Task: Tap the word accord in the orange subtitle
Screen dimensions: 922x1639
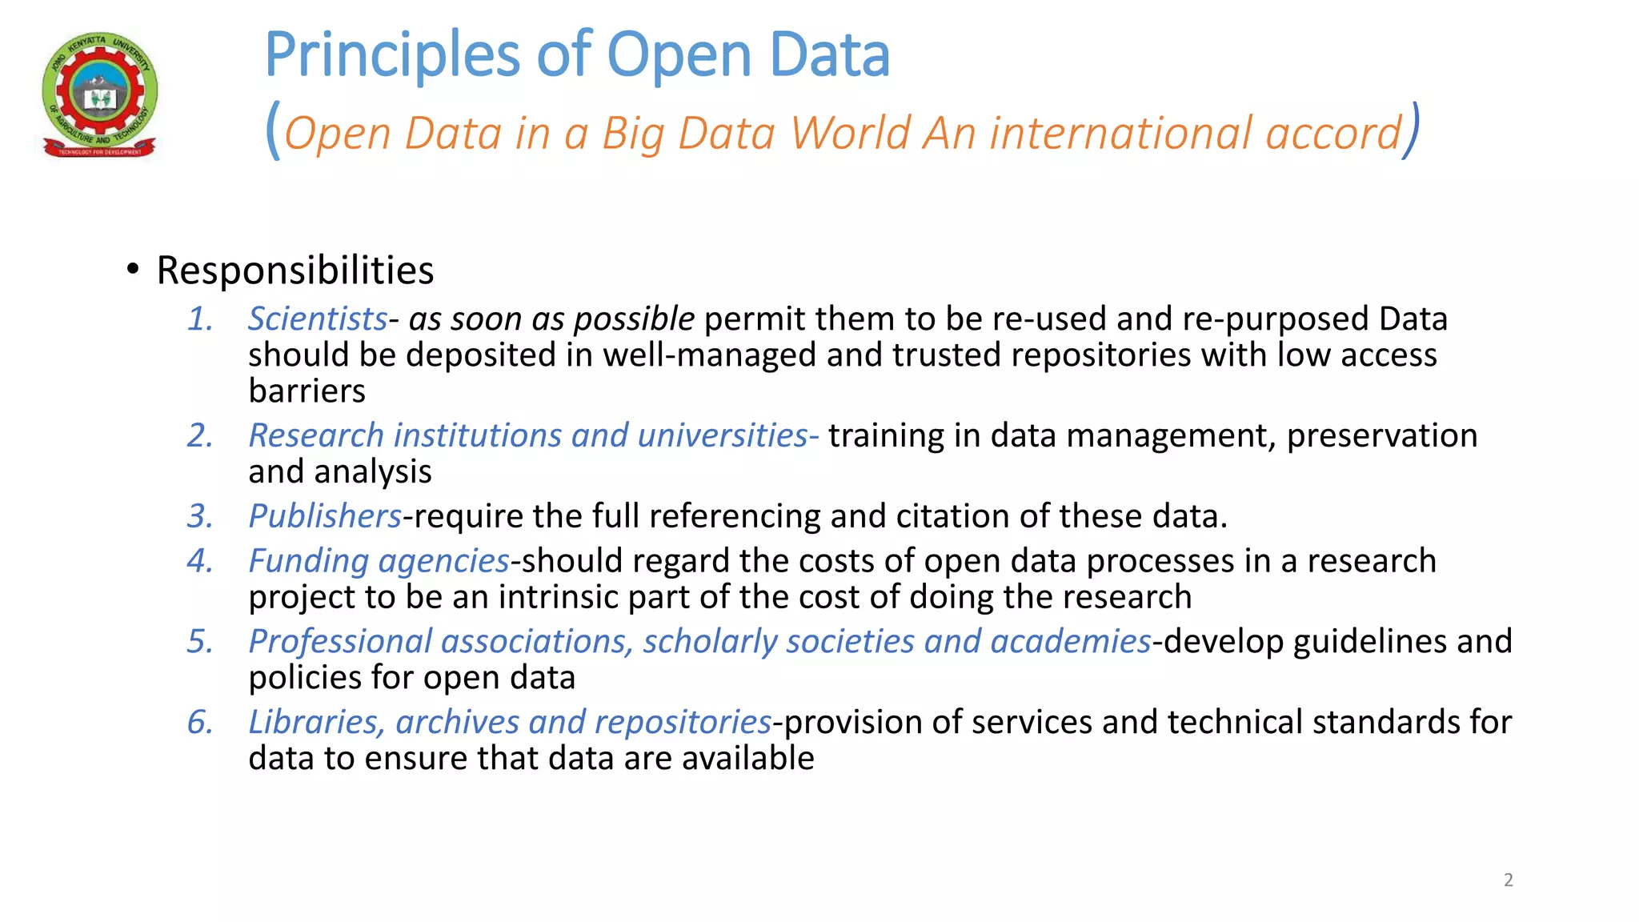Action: click(x=1333, y=133)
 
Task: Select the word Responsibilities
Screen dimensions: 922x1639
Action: click(x=295, y=271)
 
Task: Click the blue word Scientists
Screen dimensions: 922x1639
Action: click(x=318, y=319)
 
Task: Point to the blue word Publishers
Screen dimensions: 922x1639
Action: click(x=325, y=516)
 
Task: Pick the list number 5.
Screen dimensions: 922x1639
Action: click(x=199, y=642)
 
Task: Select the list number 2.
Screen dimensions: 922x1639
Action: click(x=199, y=435)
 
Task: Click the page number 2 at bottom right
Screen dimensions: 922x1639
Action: click(x=1508, y=880)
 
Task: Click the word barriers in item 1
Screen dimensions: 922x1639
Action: click(x=307, y=391)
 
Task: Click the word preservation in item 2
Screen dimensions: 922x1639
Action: click(x=1381, y=435)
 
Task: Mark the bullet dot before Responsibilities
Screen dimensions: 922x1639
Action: click(x=133, y=270)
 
